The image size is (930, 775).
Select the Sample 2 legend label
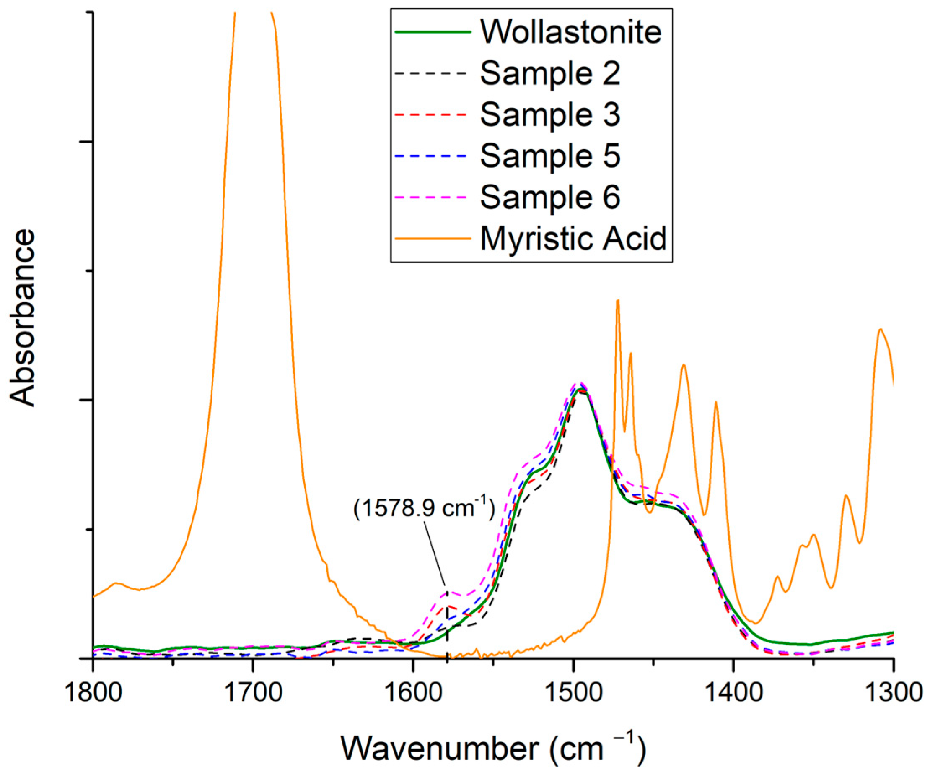tap(550, 73)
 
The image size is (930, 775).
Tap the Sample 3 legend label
tap(550, 114)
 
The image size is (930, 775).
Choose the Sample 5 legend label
tap(550, 156)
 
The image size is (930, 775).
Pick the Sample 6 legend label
tap(550, 197)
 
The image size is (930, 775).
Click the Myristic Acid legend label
tap(573, 238)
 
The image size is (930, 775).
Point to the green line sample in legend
tap(432, 32)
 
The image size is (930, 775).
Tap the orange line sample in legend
tap(432, 238)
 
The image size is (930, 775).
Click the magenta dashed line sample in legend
tap(432, 197)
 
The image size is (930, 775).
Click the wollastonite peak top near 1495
tap(579, 389)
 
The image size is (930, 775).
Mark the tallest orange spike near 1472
tap(617, 301)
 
